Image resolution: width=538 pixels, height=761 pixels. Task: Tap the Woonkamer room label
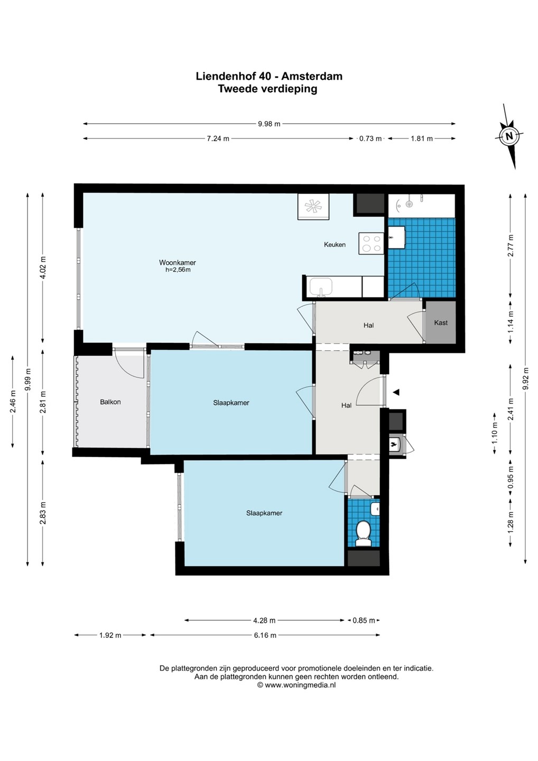177,263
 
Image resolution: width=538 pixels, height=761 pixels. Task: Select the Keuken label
335,245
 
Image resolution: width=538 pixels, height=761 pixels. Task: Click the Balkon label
110,402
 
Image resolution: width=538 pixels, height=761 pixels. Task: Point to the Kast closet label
441,322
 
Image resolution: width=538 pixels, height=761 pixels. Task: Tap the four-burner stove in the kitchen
371,243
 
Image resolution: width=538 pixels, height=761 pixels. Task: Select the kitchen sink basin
321,287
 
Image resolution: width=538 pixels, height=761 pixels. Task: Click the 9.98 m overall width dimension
269,124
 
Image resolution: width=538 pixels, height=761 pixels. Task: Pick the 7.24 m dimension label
218,138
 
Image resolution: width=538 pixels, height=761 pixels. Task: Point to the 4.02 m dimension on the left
43,267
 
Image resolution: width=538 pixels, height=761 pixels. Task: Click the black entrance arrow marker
396,392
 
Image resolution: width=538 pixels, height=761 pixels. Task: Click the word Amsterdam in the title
312,76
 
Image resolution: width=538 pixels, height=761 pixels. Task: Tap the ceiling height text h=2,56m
178,270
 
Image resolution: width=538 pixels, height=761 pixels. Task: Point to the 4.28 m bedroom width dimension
264,620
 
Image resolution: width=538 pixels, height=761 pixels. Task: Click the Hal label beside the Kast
368,325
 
